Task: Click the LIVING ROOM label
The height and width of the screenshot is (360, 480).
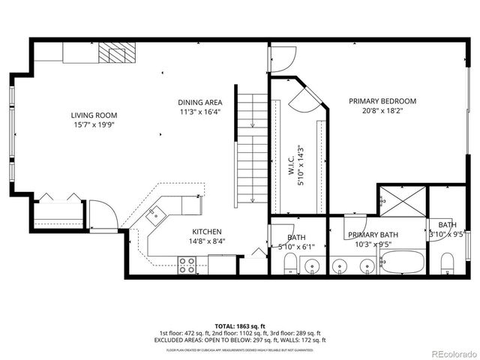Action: (94, 115)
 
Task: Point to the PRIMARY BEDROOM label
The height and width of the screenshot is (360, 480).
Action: (382, 100)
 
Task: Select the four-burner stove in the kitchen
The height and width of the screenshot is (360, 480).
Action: (187, 264)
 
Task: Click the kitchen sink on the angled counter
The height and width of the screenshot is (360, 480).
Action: (156, 216)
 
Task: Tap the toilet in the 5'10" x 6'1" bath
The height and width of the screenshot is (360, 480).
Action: (290, 264)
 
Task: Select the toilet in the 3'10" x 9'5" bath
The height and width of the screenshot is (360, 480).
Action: (447, 262)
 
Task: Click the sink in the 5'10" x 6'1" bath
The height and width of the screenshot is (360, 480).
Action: (313, 265)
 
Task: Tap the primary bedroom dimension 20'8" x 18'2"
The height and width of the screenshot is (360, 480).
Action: (382, 112)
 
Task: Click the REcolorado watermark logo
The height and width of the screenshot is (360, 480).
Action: (453, 352)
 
